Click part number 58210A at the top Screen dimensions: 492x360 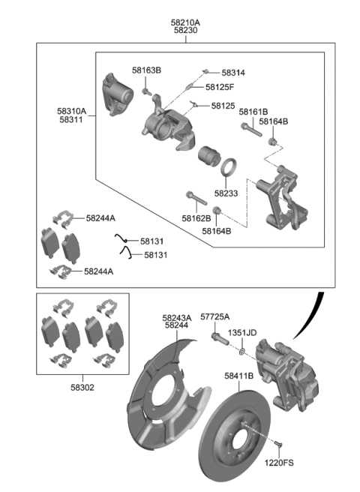coord(186,22)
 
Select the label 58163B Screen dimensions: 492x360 coord(147,70)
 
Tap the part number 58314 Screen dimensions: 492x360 coord(233,73)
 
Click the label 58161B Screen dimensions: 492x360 coord(253,112)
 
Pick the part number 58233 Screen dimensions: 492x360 coord(226,193)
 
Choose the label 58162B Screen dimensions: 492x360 coord(196,218)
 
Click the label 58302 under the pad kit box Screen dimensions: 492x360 coord(82,388)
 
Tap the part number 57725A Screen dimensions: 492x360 coord(214,317)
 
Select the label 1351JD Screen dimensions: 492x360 coord(242,332)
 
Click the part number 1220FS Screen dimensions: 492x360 coord(277,464)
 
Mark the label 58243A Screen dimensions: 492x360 coord(177,317)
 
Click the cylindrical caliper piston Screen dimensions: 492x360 coord(208,158)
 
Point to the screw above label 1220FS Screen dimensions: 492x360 coord(277,445)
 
